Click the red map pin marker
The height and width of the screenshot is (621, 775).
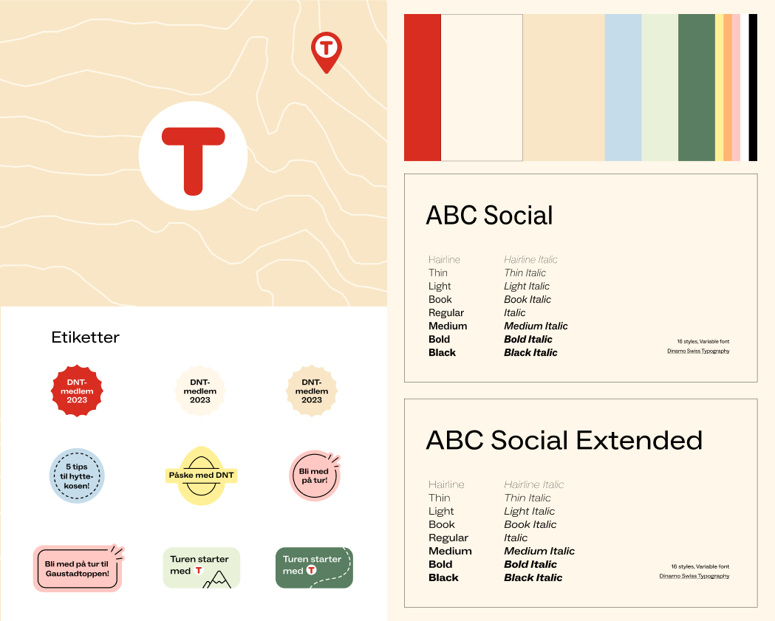tap(327, 52)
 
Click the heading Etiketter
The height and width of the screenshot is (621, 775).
tap(86, 337)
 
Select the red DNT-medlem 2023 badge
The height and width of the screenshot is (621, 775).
tap(77, 391)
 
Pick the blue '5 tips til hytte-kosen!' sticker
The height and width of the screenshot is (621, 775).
tap(77, 476)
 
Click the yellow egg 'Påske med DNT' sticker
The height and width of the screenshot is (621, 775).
tap(201, 476)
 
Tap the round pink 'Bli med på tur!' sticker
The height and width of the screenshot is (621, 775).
tap(315, 476)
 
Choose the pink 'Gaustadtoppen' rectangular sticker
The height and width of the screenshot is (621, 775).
tap(78, 568)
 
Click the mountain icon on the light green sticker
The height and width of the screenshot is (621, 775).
tap(217, 580)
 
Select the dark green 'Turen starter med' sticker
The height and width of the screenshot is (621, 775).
tap(314, 568)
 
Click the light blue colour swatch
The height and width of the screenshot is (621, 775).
tap(623, 87)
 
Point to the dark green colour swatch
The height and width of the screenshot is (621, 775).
tap(697, 87)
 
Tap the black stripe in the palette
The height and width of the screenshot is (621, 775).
tap(753, 87)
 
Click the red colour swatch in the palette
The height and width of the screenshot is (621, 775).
tap(422, 87)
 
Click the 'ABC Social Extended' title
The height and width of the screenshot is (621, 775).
tap(564, 440)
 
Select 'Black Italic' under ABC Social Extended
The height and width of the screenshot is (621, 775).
tap(533, 577)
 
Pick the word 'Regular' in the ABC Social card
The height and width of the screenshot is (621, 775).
tap(446, 313)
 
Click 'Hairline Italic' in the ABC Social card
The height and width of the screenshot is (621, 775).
tap(530, 259)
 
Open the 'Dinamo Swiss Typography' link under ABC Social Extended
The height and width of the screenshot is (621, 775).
tap(694, 576)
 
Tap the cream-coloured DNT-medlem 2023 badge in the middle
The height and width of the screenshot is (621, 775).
tap(200, 391)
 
